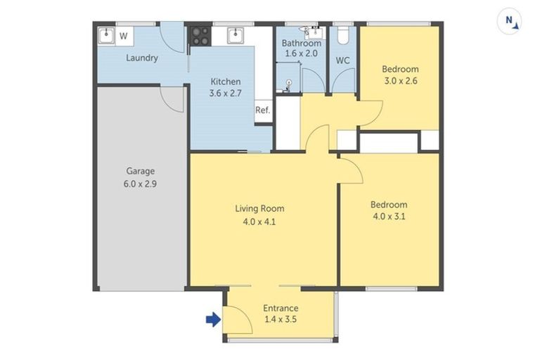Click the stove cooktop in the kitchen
click(199, 36)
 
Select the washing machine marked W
click(123, 36)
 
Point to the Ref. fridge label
click(262, 110)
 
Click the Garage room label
click(140, 171)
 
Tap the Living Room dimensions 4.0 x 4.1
click(259, 221)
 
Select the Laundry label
click(142, 58)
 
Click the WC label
click(342, 60)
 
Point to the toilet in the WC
click(342, 35)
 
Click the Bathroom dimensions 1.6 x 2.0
click(301, 53)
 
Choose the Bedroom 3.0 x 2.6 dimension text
click(400, 81)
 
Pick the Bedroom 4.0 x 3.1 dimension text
click(389, 217)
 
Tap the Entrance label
click(281, 308)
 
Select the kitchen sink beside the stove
click(234, 35)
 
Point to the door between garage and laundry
click(173, 98)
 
